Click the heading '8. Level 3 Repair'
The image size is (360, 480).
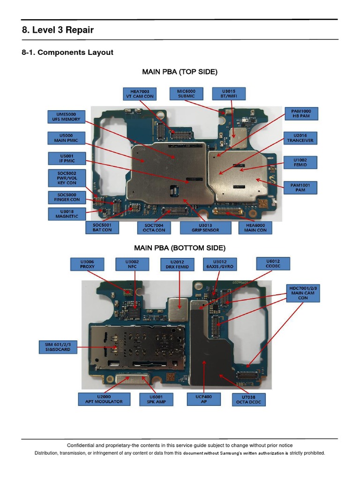pyautogui.click(x=58, y=30)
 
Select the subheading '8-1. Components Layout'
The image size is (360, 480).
pyautogui.click(x=67, y=52)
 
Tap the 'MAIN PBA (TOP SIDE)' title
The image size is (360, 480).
pyautogui.click(x=180, y=72)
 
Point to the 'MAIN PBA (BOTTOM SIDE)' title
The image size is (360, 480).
pyautogui.click(x=180, y=247)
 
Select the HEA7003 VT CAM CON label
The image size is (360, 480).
pyautogui.click(x=139, y=93)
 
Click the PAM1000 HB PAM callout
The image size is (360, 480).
pyautogui.click(x=301, y=114)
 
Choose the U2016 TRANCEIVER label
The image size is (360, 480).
pyautogui.click(x=301, y=137)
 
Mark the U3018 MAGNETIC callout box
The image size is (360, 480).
pyautogui.click(x=67, y=214)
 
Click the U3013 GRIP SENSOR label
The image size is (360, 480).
pyautogui.click(x=206, y=228)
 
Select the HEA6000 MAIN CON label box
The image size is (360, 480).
pyautogui.click(x=255, y=228)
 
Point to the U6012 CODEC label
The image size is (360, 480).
pyautogui.click(x=273, y=263)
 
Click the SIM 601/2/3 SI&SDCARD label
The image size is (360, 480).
pyautogui.click(x=58, y=347)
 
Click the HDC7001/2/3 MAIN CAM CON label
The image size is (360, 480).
pyautogui.click(x=303, y=292)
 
